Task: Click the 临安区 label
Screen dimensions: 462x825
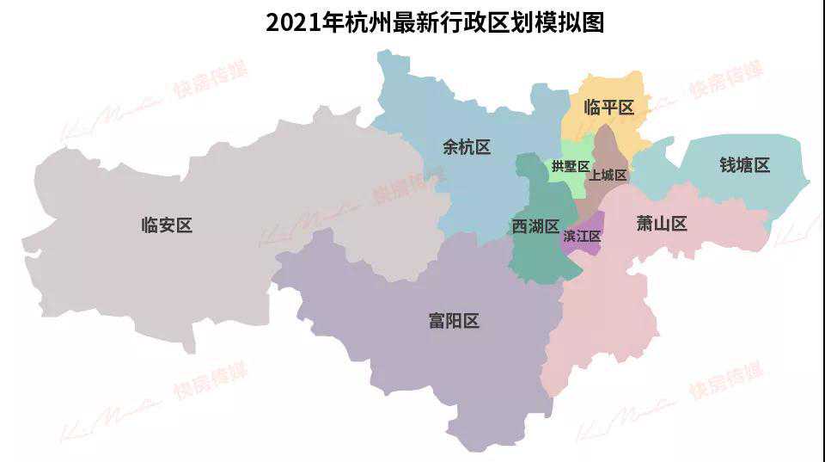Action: click(167, 225)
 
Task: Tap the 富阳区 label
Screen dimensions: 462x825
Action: click(453, 321)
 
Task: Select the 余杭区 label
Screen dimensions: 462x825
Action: click(467, 147)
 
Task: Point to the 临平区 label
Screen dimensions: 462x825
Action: click(608, 108)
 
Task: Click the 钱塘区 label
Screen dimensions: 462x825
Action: click(744, 165)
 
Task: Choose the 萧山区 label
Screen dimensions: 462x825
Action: click(662, 224)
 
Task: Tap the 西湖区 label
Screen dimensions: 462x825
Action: click(535, 225)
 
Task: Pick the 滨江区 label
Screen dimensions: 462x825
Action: click(582, 235)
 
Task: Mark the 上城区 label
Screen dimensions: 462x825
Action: click(608, 175)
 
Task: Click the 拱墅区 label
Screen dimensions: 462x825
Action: click(571, 166)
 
